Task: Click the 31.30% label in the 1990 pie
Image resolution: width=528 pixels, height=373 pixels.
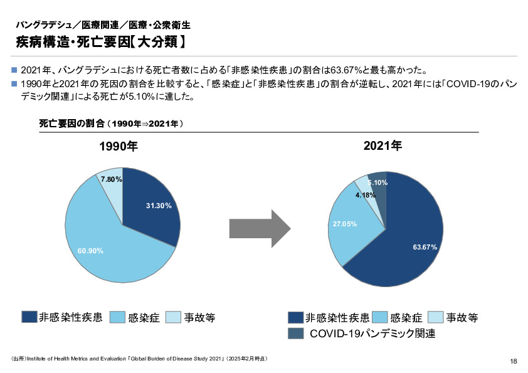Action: click(x=159, y=206)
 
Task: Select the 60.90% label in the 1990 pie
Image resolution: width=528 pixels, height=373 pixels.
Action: click(x=90, y=251)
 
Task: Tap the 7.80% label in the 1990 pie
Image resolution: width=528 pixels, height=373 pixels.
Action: click(x=111, y=179)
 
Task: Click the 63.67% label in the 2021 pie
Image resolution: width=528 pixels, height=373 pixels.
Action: click(x=425, y=247)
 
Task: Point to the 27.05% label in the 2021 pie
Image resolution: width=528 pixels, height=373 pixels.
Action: click(x=344, y=224)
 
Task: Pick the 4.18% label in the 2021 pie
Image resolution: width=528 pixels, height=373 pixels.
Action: click(x=366, y=195)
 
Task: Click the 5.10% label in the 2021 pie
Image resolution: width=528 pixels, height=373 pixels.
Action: click(x=378, y=182)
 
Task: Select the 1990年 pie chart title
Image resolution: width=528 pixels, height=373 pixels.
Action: click(x=119, y=147)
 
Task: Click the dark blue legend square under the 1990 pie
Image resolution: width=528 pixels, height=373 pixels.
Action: click(x=29, y=317)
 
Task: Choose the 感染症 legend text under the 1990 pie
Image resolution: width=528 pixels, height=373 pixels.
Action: click(x=143, y=318)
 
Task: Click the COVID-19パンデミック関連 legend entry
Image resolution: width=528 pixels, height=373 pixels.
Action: click(x=372, y=334)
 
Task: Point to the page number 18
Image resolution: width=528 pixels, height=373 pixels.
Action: click(x=514, y=361)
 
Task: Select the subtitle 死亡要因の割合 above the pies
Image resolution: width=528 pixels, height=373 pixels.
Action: click(x=111, y=124)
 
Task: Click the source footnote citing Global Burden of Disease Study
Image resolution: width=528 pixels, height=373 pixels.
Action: click(x=139, y=359)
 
